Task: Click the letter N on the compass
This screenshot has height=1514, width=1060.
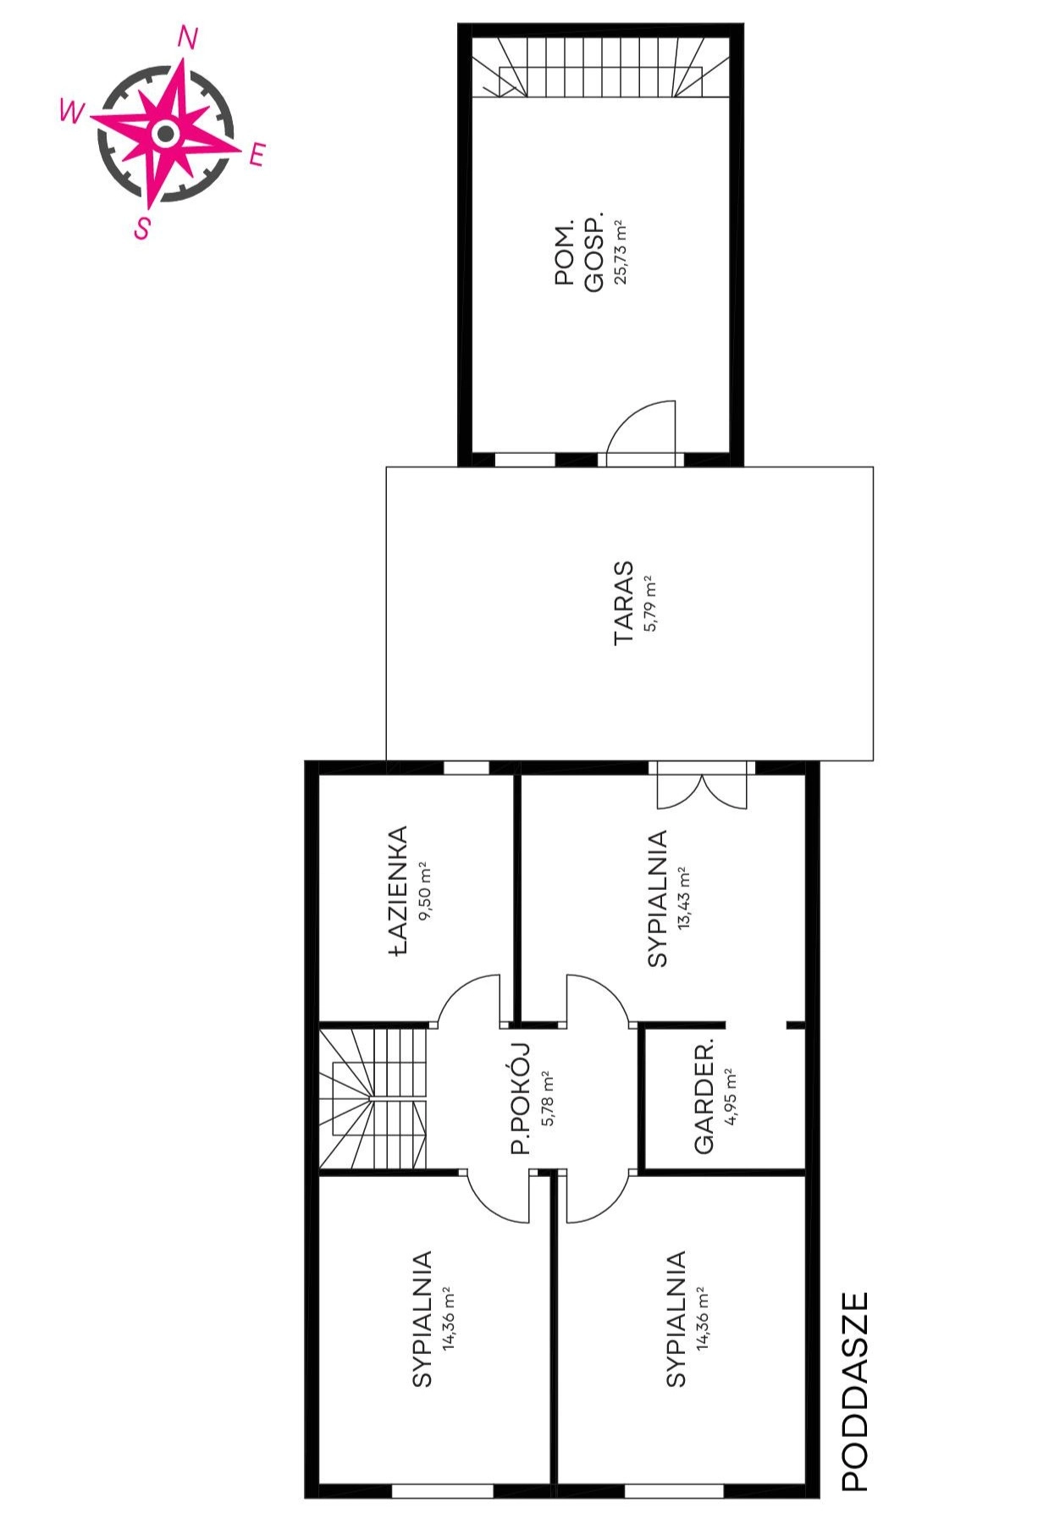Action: [189, 37]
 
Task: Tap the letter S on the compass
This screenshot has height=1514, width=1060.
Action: [143, 228]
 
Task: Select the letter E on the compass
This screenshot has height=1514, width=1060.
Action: [257, 154]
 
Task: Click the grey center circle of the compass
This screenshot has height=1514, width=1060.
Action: [166, 133]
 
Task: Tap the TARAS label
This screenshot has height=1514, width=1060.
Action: [624, 603]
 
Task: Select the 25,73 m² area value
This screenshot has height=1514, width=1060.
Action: [621, 252]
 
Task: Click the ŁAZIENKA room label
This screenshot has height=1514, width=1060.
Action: [399, 892]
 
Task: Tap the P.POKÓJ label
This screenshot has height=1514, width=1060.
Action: [521, 1098]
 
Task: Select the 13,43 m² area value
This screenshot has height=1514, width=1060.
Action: [683, 898]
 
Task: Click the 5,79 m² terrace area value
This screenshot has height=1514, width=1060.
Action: [649, 603]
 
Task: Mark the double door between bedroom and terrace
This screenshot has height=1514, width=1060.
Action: [703, 784]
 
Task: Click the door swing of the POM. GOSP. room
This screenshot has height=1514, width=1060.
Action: [642, 433]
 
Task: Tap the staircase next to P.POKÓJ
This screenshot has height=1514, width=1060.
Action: [373, 1098]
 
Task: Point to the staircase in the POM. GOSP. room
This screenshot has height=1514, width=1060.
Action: [601, 67]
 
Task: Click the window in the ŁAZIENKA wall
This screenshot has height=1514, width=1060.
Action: [467, 768]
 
